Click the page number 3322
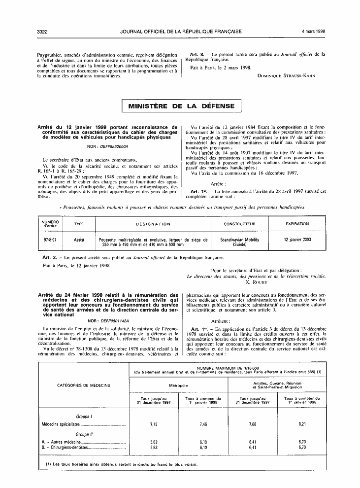point(42,32)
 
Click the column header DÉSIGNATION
point(153,224)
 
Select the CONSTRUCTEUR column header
point(239,224)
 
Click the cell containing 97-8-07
point(51,240)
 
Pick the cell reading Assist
point(79,240)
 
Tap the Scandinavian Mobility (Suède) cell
point(239,242)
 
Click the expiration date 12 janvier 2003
point(297,240)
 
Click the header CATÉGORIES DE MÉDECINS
point(84,385)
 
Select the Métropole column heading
point(178,385)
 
